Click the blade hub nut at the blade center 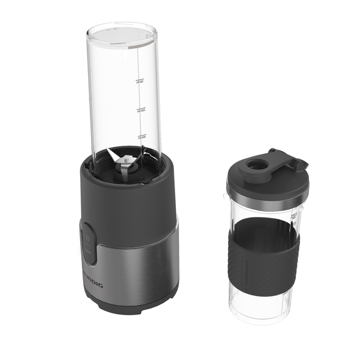pyautogui.click(x=127, y=158)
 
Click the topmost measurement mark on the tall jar pyautogui.click(x=137, y=82)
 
